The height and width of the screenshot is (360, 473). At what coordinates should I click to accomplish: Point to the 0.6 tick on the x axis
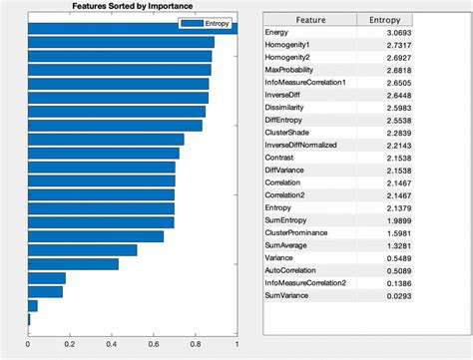[154, 345]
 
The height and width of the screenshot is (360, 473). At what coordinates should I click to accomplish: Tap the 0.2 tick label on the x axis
[70, 345]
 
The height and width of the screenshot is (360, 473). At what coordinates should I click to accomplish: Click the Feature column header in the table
[308, 18]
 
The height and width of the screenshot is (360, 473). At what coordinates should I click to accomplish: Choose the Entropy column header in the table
[385, 18]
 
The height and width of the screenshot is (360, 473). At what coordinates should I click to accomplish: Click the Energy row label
[276, 33]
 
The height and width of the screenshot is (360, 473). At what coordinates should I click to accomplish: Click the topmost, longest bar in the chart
[130, 28]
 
